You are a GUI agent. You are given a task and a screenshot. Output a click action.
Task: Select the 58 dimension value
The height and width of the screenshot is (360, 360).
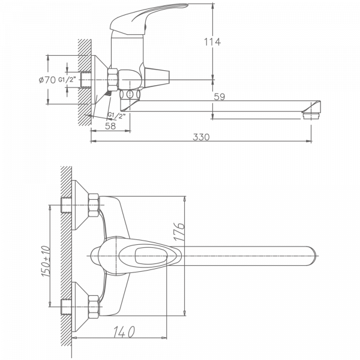(x=110, y=125)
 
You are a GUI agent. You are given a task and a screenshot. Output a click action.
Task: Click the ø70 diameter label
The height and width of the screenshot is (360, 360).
(x=48, y=79)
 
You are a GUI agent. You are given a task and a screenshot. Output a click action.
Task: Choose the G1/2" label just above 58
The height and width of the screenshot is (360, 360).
(x=118, y=115)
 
